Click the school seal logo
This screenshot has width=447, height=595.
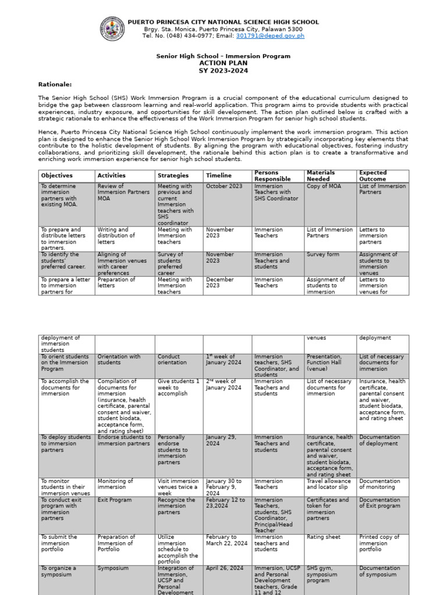pyautogui.click(x=112, y=28)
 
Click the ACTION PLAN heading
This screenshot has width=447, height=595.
pyautogui.click(x=223, y=63)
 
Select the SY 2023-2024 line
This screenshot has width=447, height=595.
pyautogui.click(x=223, y=70)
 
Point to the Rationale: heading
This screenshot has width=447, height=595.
pyautogui.click(x=55, y=84)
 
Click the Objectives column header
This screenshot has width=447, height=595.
pyautogui.click(x=57, y=175)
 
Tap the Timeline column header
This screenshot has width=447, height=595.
pyautogui.click(x=218, y=175)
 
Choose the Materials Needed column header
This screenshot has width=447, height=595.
pyautogui.click(x=321, y=175)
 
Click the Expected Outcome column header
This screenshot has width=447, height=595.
pyautogui.click(x=373, y=175)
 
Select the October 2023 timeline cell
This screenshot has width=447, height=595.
pyautogui.click(x=224, y=186)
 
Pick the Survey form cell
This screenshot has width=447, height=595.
pyautogui.click(x=322, y=255)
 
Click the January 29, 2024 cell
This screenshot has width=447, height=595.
pyautogui.click(x=222, y=440)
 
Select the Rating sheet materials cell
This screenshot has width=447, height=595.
pyautogui.click(x=324, y=537)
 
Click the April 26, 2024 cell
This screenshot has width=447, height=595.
pyautogui.click(x=224, y=568)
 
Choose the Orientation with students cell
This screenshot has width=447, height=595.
pyautogui.click(x=119, y=360)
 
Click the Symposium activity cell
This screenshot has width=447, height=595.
pyautogui.click(x=113, y=568)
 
